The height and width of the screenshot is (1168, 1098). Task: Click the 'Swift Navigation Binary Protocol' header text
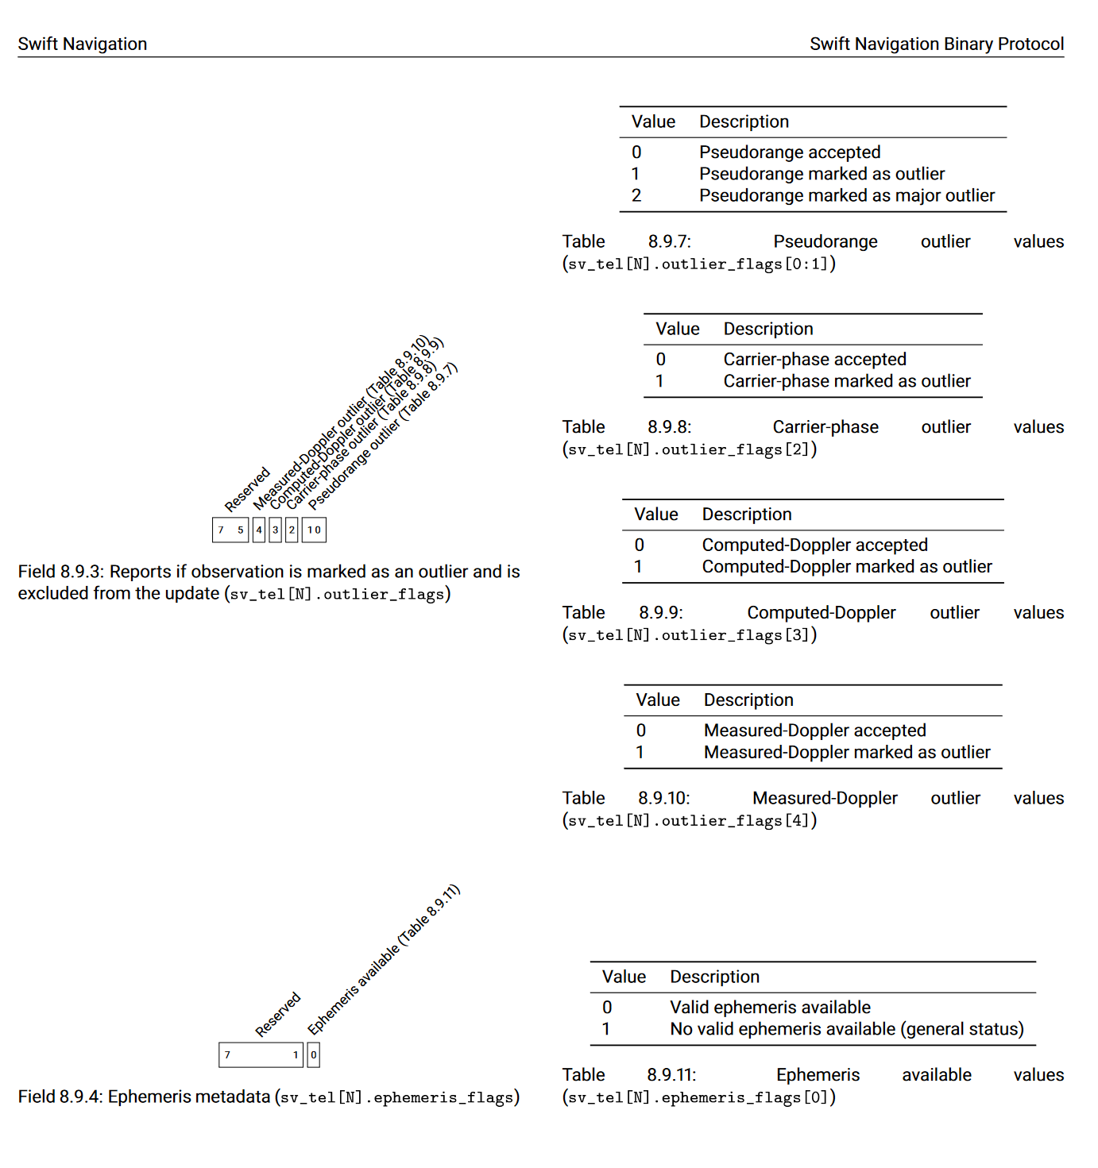coord(936,44)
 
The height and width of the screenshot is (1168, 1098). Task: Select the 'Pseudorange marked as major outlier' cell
coord(846,195)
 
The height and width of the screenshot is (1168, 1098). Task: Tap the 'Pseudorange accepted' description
coord(789,152)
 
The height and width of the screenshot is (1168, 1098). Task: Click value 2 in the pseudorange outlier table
coord(636,195)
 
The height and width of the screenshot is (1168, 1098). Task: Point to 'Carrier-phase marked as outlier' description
coord(846,381)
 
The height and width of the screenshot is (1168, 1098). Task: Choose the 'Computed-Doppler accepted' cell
coord(814,545)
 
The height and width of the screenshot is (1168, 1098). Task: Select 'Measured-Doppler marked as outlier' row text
coord(846,752)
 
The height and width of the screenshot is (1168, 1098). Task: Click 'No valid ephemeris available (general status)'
coord(846,1029)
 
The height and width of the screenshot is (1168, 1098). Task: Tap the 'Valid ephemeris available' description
coord(770,1008)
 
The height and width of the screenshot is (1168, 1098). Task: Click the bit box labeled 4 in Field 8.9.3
coord(259,530)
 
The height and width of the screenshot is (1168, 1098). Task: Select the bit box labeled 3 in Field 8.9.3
coord(276,530)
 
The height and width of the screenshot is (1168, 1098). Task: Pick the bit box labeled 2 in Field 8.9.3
coord(292,530)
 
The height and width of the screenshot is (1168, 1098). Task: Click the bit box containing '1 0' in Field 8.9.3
coord(314,530)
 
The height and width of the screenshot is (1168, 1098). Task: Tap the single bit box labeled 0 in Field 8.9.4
coord(314,1054)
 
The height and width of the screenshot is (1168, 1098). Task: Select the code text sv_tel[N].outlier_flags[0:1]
coord(699,264)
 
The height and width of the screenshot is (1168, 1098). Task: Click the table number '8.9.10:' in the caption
coord(663,798)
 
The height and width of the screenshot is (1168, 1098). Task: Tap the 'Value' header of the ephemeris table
coord(624,977)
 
